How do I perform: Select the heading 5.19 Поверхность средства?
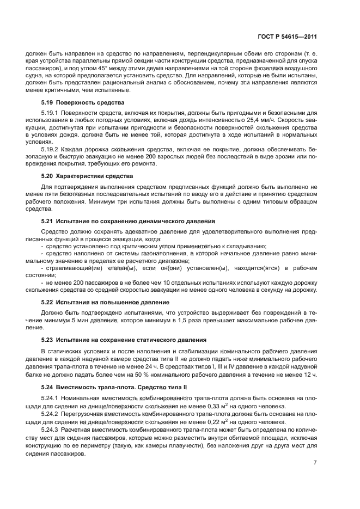[83, 103]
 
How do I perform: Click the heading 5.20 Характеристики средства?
[87, 176]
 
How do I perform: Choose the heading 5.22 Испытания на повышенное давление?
[105, 302]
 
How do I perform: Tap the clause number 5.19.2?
[51, 148]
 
